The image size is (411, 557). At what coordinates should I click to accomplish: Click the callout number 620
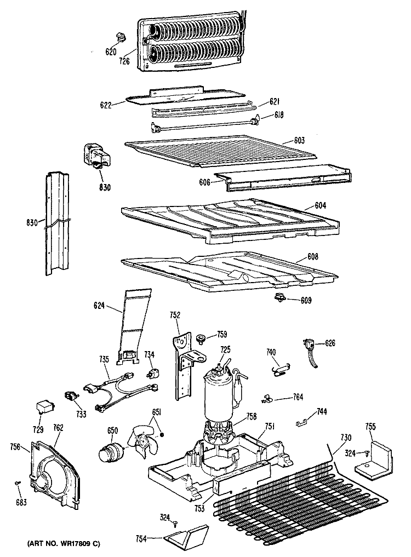[x=111, y=51]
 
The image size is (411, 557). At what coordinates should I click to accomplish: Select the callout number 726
[x=124, y=61]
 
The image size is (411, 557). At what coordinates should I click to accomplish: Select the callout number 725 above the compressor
[x=225, y=349]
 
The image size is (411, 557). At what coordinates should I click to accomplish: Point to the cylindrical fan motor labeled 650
[x=109, y=453]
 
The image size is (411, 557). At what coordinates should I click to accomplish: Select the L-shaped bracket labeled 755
[x=376, y=456]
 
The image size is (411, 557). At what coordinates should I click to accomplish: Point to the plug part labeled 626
[x=311, y=347]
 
